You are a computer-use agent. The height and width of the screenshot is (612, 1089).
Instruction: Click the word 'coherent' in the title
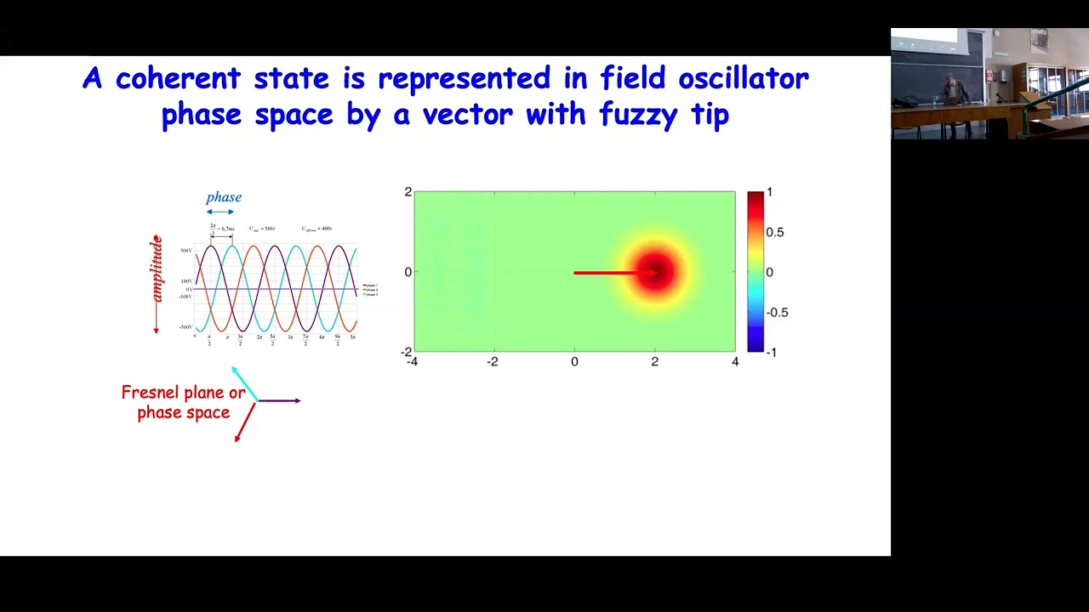179,78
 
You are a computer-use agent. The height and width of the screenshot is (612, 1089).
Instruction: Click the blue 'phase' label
224,197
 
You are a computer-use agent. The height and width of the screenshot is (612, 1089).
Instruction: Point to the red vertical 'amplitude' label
157,270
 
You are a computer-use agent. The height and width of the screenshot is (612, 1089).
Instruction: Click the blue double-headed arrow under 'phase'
220,212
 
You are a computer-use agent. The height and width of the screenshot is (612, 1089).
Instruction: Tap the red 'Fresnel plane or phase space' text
183,402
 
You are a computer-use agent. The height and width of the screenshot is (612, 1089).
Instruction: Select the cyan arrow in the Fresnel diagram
244,382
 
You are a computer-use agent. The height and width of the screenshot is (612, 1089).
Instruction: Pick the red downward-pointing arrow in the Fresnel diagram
245,422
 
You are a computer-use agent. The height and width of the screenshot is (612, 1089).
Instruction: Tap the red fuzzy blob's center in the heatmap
655,272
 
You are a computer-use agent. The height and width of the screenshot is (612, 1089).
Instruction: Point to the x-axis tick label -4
413,362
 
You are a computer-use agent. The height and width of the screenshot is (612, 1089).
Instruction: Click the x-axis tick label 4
735,362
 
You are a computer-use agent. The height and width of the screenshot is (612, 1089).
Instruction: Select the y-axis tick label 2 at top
408,192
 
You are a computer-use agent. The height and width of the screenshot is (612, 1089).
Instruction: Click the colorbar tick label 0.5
774,232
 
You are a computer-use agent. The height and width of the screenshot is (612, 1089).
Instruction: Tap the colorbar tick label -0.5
777,312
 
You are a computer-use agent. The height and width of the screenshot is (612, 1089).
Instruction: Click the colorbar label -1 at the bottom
771,352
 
